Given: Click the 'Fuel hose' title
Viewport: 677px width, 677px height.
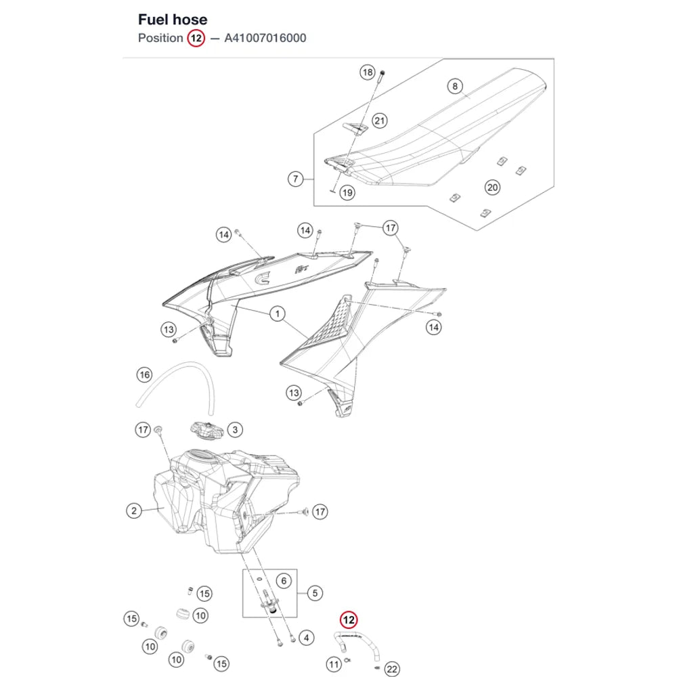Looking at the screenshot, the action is coord(172,20).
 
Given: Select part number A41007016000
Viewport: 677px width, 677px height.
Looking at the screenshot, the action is coord(265,38).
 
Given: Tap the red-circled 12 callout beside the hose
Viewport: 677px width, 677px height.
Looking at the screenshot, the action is coord(349,620).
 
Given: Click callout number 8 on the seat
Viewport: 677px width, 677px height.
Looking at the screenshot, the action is coord(455,87).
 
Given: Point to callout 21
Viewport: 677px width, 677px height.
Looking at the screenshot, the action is coord(380,121).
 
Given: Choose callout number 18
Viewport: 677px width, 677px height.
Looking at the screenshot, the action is coord(368,72).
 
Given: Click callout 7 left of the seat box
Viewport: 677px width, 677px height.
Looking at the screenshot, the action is coord(295,179).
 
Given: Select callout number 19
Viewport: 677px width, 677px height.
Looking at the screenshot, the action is coord(347,192).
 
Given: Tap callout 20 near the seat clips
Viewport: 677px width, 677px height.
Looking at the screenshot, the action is coord(492,188).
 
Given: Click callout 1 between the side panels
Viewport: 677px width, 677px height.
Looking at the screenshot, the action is coord(277,314).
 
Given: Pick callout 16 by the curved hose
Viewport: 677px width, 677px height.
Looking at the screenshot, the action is coord(145,374).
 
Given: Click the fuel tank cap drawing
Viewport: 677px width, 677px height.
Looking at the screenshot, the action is coord(206,430).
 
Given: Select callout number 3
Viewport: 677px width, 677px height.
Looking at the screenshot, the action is coord(235,430).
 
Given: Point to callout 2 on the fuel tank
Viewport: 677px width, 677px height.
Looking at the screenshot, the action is coord(134,510).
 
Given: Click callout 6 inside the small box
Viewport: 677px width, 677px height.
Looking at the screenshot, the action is coord(284,581).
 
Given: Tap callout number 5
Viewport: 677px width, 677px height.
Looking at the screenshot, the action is coord(315,593).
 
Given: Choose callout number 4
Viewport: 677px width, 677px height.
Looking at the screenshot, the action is coord(306,638).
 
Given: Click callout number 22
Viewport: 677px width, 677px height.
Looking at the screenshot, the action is coord(391,670).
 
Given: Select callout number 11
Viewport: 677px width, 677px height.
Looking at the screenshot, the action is coord(333,664).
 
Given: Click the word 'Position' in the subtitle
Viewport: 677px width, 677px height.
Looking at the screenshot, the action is coord(160,38).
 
